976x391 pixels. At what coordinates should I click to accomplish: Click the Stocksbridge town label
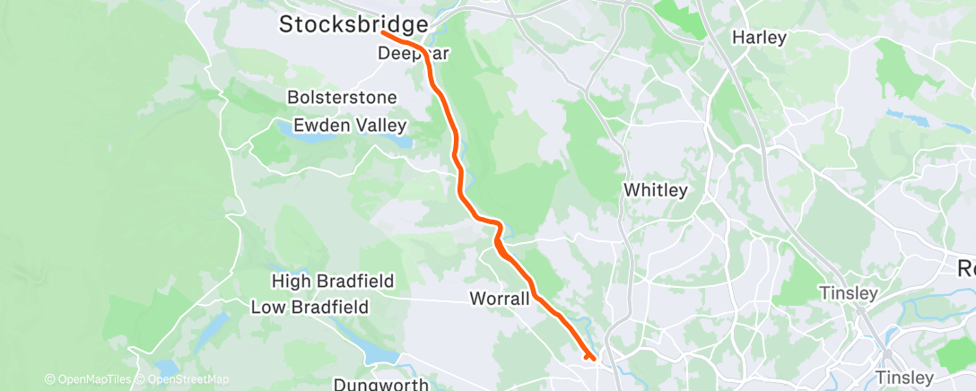[x=353, y=24]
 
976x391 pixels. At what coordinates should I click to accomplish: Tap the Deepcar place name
[x=413, y=54]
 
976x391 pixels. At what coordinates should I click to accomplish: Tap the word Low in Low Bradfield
[x=267, y=307]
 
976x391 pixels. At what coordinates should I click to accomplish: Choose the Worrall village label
[x=499, y=298]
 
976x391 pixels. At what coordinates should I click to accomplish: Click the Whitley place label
[x=655, y=190]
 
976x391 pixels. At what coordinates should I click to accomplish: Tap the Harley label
[x=759, y=38]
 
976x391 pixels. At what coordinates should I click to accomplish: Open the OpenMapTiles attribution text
[x=87, y=380]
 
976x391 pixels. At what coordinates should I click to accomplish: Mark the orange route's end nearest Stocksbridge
[x=383, y=32]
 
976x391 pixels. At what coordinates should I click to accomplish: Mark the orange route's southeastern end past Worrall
[x=591, y=358]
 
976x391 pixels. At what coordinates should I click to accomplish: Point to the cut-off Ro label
[x=966, y=266]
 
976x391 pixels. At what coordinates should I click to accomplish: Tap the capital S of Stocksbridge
[x=287, y=24]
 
